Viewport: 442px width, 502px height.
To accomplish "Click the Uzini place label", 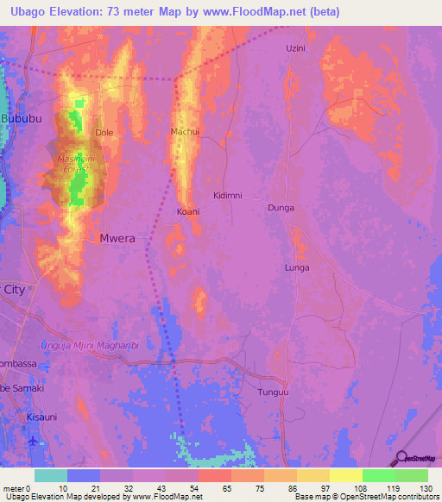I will click(296, 48).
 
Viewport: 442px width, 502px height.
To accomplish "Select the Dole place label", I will click(104, 133).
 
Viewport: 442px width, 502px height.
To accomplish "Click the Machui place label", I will click(186, 132).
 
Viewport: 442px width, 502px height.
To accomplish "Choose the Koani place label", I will click(188, 211).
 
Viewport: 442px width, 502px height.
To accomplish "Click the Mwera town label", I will click(117, 238).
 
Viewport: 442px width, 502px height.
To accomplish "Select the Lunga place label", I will click(297, 268).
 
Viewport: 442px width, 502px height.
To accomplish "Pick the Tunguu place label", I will click(271, 392).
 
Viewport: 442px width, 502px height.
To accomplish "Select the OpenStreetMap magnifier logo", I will click(401, 459).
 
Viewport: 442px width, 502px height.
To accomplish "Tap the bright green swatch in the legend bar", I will click(378, 475).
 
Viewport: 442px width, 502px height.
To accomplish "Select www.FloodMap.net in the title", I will click(261, 12).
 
